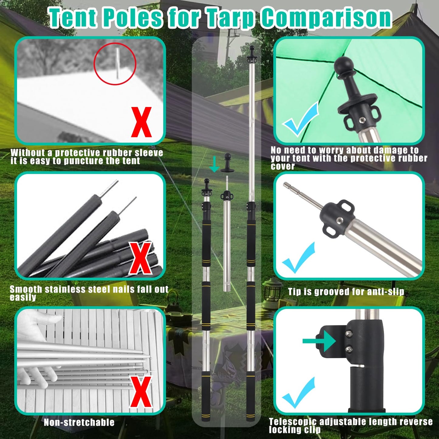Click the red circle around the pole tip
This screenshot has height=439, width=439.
(115, 63)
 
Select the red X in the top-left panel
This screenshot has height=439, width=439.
(141, 122)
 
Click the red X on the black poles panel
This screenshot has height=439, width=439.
(140, 258)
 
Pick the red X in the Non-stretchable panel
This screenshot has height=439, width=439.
(141, 392)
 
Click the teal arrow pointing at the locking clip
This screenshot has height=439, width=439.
(319, 341)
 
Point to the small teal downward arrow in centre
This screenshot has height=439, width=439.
(214, 164)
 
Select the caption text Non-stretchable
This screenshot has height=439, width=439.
(79, 422)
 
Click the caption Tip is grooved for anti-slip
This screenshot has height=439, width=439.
(346, 292)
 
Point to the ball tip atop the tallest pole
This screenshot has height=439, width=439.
(252, 48)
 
